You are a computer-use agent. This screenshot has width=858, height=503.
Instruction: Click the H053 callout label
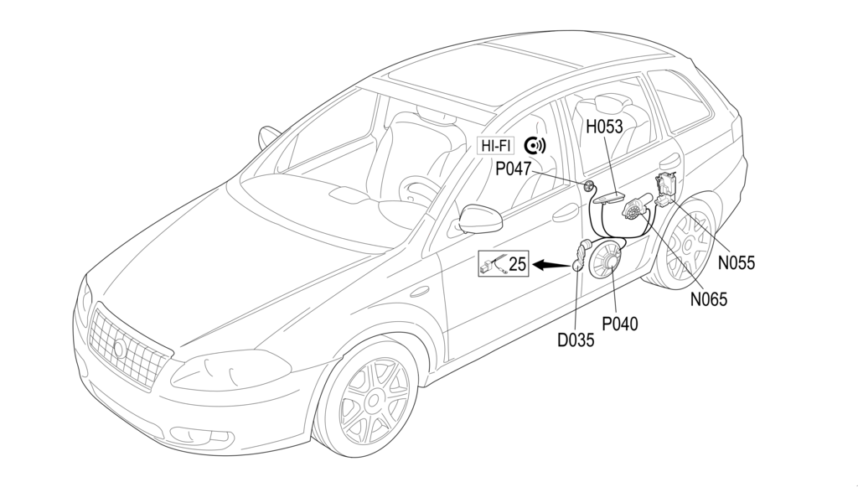605,127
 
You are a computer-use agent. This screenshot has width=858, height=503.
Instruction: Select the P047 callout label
513,169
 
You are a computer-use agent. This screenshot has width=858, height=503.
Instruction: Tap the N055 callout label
737,262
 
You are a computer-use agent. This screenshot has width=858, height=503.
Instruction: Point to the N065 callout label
709,298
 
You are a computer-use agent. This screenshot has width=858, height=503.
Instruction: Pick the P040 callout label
621,323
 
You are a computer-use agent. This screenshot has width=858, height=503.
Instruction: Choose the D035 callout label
576,340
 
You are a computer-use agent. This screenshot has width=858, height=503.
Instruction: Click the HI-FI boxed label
495,145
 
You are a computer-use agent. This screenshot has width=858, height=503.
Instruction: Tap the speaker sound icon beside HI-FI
535,145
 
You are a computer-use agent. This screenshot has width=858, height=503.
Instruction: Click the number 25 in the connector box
518,264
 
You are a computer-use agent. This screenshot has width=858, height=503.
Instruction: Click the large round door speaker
606,260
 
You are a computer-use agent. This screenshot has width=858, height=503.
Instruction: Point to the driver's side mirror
480,219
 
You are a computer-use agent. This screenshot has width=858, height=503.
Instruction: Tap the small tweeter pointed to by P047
589,186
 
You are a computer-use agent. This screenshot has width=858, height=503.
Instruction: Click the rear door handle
669,159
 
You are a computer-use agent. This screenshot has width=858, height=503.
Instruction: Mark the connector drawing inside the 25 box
494,265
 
